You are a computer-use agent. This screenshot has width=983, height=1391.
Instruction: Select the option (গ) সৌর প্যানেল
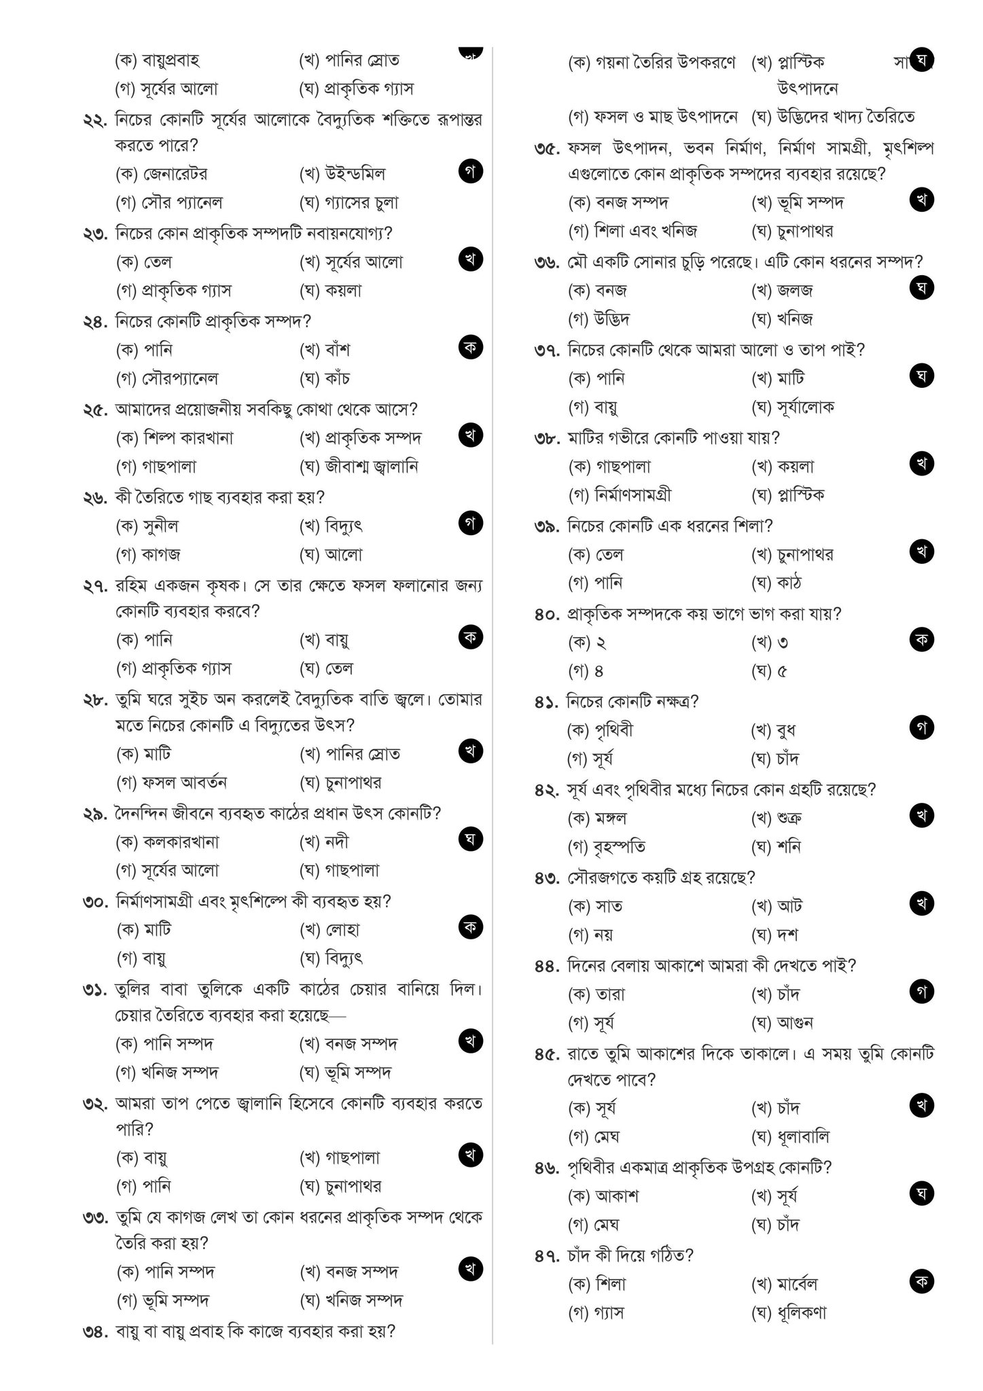point(169,202)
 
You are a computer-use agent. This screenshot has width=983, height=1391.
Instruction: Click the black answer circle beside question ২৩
point(470,259)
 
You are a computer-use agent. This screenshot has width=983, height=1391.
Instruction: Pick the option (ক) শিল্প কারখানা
point(175,438)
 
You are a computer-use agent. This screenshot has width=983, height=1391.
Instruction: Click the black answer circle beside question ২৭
point(470,637)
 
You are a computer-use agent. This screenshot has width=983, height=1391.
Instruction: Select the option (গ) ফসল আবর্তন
point(172,782)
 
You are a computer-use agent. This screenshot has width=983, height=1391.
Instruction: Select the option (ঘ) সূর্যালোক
point(793,408)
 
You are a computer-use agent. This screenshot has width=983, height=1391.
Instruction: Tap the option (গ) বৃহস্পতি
point(607,847)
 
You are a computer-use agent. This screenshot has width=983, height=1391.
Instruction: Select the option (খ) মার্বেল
point(784,1284)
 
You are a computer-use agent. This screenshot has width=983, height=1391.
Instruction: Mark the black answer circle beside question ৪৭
point(921,1282)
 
